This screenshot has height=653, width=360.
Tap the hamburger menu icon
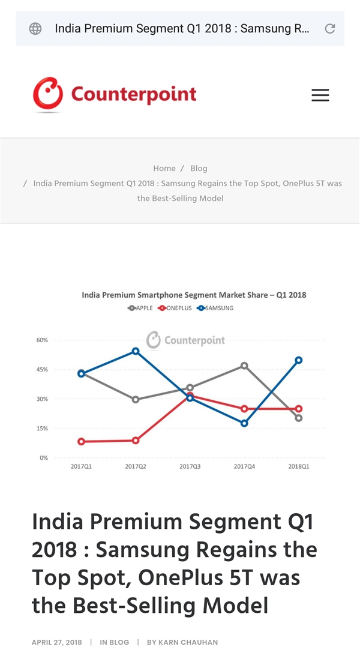(320, 95)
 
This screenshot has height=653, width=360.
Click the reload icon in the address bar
(329, 28)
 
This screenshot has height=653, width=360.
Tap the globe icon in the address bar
(35, 28)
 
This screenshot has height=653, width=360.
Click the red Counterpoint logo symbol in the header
(48, 94)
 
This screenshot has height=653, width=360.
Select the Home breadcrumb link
(164, 169)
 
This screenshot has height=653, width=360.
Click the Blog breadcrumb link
(199, 169)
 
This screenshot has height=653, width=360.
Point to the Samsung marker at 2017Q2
(136, 351)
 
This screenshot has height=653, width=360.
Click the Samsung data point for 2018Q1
(299, 360)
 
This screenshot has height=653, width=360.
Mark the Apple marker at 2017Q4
(244, 366)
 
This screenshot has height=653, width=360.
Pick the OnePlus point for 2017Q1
(81, 442)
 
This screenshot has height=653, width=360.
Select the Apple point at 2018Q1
(299, 418)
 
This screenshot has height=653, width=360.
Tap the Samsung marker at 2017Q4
(244, 423)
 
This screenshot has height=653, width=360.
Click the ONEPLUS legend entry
(175, 308)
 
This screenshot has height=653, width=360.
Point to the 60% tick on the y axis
(42, 340)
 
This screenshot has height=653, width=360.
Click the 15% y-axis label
(42, 429)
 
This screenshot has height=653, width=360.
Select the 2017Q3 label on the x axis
(190, 466)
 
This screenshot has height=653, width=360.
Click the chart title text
(194, 295)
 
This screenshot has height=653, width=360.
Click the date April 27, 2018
(57, 642)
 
